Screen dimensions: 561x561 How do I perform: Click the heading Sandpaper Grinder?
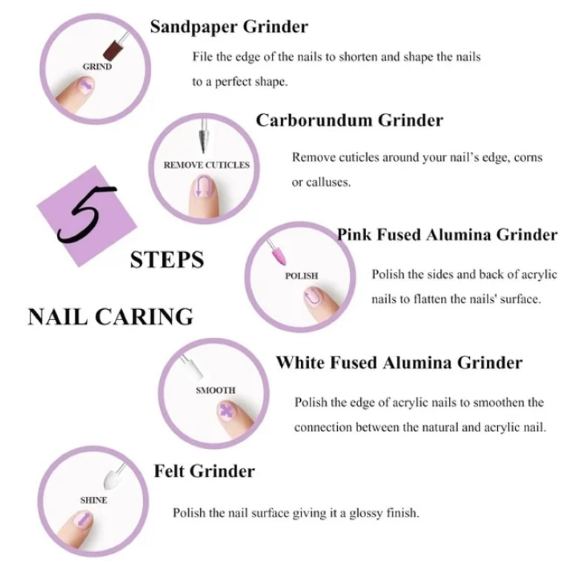click(x=229, y=27)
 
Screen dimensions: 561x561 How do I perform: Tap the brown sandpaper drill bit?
click(x=113, y=50)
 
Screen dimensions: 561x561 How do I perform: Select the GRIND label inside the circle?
click(x=97, y=67)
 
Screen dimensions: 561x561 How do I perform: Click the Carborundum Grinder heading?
click(x=350, y=120)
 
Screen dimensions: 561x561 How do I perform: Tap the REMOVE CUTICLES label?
click(x=207, y=165)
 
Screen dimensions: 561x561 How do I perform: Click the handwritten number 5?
click(x=86, y=214)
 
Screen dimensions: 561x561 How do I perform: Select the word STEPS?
click(x=167, y=259)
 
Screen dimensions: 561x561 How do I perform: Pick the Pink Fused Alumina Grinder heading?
click(x=447, y=235)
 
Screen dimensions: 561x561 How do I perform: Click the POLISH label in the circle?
click(x=302, y=276)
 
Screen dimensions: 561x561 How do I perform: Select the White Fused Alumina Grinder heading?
click(x=399, y=362)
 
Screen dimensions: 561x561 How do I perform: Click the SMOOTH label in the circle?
click(x=216, y=390)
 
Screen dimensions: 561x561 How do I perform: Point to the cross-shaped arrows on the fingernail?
click(x=226, y=411)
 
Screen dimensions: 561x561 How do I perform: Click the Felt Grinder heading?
click(x=205, y=471)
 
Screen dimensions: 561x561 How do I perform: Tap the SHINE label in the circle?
click(x=93, y=500)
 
